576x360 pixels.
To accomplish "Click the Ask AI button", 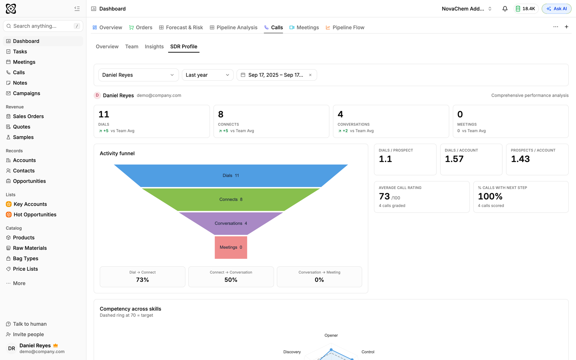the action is pos(557,9).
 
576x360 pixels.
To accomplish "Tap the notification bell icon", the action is pos(505,9).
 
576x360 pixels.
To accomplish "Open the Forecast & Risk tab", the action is pos(181,27).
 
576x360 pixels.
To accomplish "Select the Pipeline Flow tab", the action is pos(345,27).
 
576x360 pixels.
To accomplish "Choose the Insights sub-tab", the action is pos(154,46).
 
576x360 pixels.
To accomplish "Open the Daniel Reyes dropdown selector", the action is pos(138,75).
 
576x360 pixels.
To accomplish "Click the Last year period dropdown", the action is pos(207,75).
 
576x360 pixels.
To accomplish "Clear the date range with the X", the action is pos(310,75).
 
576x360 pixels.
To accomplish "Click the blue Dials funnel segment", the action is pos(231,176).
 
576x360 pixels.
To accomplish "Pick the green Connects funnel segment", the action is pos(231,199).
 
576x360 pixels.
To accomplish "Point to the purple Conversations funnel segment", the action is pos(231,224).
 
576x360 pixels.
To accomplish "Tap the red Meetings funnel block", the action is pos(231,247).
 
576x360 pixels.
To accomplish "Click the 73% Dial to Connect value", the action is pos(143,280).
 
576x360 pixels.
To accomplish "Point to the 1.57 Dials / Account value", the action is pos(454,159).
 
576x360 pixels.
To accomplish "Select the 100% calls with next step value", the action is pos(490,197).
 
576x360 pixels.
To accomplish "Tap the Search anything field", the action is pos(43,26).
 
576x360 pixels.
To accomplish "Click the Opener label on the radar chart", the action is pos(331,335).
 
